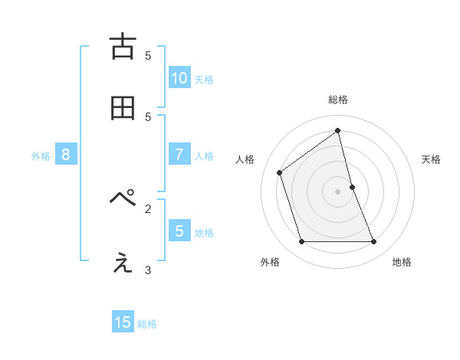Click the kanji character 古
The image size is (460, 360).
(x=122, y=47)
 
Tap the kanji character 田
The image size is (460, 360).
(x=122, y=108)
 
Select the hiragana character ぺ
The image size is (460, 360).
(x=122, y=199)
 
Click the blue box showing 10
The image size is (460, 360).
(x=179, y=77)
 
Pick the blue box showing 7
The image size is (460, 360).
(x=179, y=155)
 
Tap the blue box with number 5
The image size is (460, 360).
(x=179, y=231)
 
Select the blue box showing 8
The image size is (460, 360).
(x=66, y=155)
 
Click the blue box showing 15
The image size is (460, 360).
(x=123, y=322)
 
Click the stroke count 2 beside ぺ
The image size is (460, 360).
(x=148, y=208)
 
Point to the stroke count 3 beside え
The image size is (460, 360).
(x=148, y=270)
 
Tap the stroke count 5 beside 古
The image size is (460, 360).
(x=148, y=55)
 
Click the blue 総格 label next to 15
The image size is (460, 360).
(x=147, y=324)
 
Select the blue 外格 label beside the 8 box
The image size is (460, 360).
(x=41, y=156)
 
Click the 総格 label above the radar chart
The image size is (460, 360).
(x=338, y=100)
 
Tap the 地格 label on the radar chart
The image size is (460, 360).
(x=402, y=262)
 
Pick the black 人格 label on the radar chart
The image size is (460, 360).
(x=245, y=159)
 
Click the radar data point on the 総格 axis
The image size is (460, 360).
(x=338, y=131)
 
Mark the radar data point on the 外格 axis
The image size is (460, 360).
(x=301, y=242)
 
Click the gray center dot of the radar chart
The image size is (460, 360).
(x=338, y=191)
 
